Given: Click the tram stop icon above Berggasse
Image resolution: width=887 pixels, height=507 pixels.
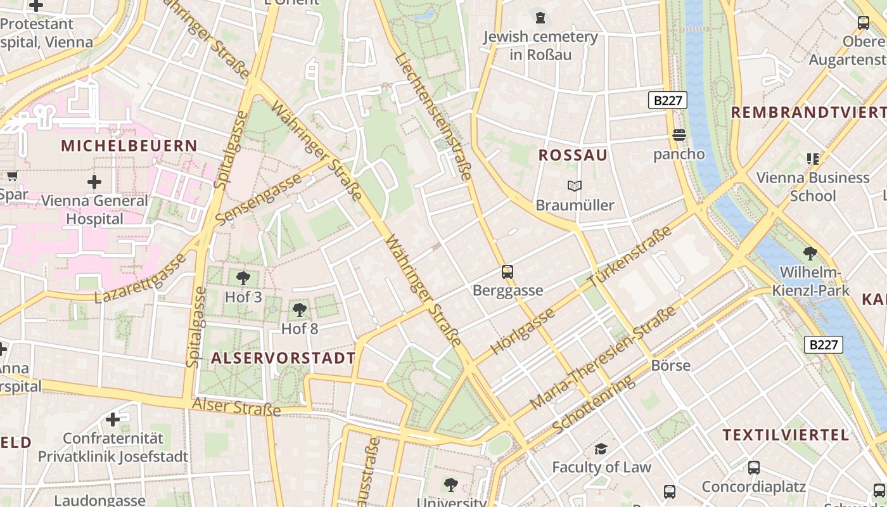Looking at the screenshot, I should click(x=507, y=272).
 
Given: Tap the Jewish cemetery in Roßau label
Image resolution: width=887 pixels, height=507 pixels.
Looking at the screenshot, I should click(x=540, y=46).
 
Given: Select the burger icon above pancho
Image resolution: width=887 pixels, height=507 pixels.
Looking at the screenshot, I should click(x=679, y=134).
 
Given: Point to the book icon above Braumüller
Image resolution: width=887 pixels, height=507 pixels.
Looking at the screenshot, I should click(x=575, y=186).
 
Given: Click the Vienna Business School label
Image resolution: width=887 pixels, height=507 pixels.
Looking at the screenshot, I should click(x=812, y=186).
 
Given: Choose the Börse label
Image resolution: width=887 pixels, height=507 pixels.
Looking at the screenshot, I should click(x=670, y=366).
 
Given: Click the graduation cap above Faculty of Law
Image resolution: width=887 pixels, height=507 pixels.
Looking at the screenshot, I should click(x=601, y=449).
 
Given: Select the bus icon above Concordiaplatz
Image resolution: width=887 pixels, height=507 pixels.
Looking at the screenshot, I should click(x=753, y=468).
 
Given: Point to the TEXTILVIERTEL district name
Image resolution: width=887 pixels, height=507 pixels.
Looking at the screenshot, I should click(x=786, y=435).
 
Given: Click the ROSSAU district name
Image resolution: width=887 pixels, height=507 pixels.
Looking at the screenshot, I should click(x=573, y=155).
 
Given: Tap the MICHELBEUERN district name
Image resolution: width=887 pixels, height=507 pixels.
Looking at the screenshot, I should click(x=129, y=146).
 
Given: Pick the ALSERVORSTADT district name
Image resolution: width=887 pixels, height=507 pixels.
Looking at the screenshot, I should click(x=283, y=358).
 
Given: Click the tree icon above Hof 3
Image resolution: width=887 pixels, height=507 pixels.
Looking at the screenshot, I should click(x=243, y=278).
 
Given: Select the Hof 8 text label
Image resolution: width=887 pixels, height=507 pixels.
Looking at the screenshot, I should click(x=300, y=329).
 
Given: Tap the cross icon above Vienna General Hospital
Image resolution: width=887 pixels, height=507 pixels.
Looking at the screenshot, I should click(x=94, y=183).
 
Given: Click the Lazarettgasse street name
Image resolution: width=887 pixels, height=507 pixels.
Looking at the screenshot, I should click(x=141, y=278).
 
